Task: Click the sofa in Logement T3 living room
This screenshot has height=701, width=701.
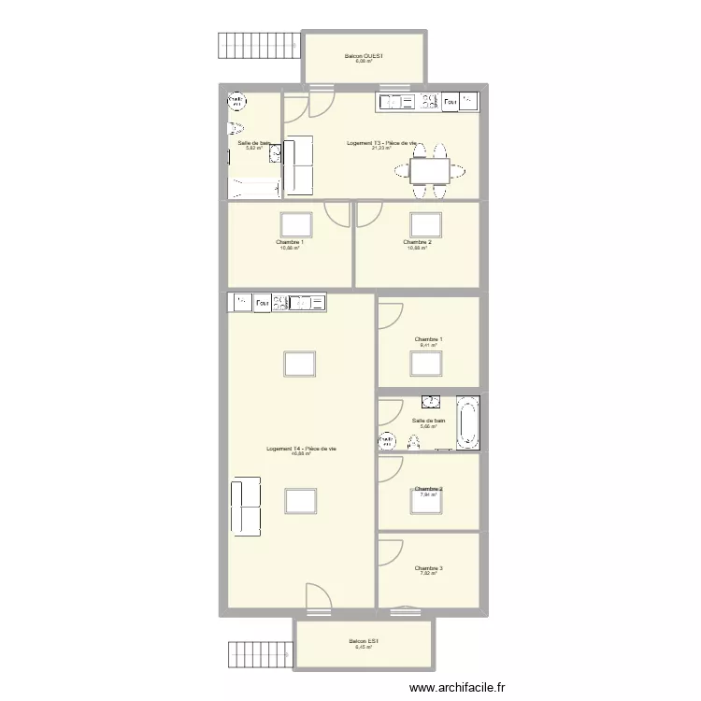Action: point(299,165)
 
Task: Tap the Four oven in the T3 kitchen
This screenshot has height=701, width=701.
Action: point(451,101)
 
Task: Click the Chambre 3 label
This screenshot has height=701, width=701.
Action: point(429,567)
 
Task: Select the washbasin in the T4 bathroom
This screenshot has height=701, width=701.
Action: point(432,403)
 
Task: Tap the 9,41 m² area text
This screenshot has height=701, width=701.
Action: point(429,345)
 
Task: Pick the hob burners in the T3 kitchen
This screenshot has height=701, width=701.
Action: point(429,101)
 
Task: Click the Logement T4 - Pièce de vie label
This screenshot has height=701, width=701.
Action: point(301,449)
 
